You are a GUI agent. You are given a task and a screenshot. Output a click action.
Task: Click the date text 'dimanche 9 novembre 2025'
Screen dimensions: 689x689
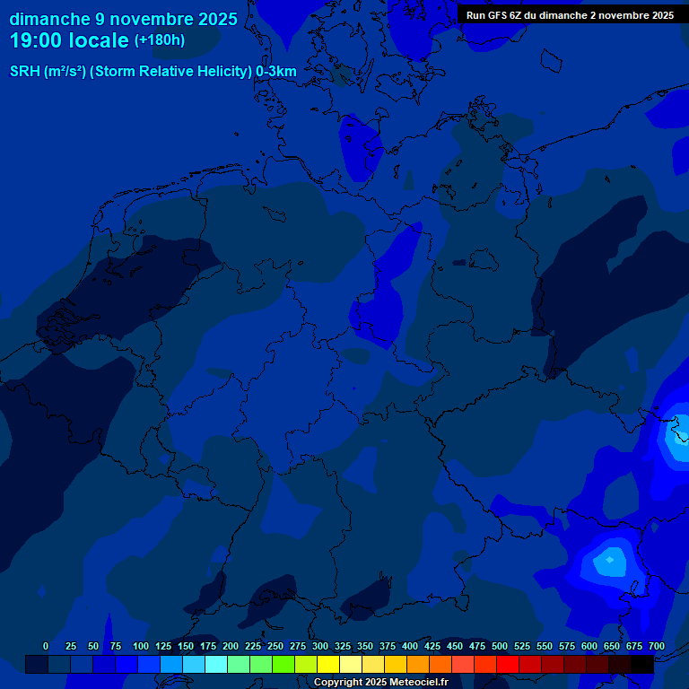coord(123,19)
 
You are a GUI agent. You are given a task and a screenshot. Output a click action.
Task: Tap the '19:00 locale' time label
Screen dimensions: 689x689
coord(69,40)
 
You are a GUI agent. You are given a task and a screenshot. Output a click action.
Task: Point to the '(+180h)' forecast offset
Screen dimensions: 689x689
coord(160,40)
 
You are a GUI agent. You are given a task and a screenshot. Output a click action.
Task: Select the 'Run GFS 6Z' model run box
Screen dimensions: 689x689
coord(570,15)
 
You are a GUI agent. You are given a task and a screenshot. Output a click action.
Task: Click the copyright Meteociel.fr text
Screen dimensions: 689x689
coord(380,682)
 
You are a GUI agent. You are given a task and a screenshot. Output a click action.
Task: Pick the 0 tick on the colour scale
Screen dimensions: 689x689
coord(46,646)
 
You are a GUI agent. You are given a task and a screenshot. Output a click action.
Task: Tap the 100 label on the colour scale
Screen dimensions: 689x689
coord(141,646)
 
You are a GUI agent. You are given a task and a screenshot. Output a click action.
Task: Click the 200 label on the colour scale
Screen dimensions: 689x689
coord(231,646)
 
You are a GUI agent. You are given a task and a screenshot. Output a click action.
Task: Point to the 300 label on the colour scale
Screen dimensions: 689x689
coord(320,646)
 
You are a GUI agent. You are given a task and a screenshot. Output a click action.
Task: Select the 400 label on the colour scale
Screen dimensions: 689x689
coord(410,646)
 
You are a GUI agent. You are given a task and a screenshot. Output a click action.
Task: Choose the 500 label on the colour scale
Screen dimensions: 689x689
coord(500,646)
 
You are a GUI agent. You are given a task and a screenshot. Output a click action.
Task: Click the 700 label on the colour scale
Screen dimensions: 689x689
coord(656,646)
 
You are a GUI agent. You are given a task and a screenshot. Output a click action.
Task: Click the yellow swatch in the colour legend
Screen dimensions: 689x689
coord(328,664)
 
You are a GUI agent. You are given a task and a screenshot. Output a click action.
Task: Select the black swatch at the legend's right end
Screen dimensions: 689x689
coord(642,664)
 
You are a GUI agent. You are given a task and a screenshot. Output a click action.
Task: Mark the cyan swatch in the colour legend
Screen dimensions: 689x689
coord(216,664)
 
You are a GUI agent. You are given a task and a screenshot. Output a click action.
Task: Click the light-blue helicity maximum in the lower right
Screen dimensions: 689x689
coord(610,561)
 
